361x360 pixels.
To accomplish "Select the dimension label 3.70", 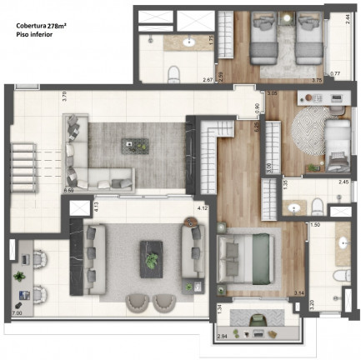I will [x=65, y=96].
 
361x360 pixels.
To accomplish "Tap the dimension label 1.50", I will [x=316, y=225].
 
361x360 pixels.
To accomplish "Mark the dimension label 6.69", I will [x=68, y=191].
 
